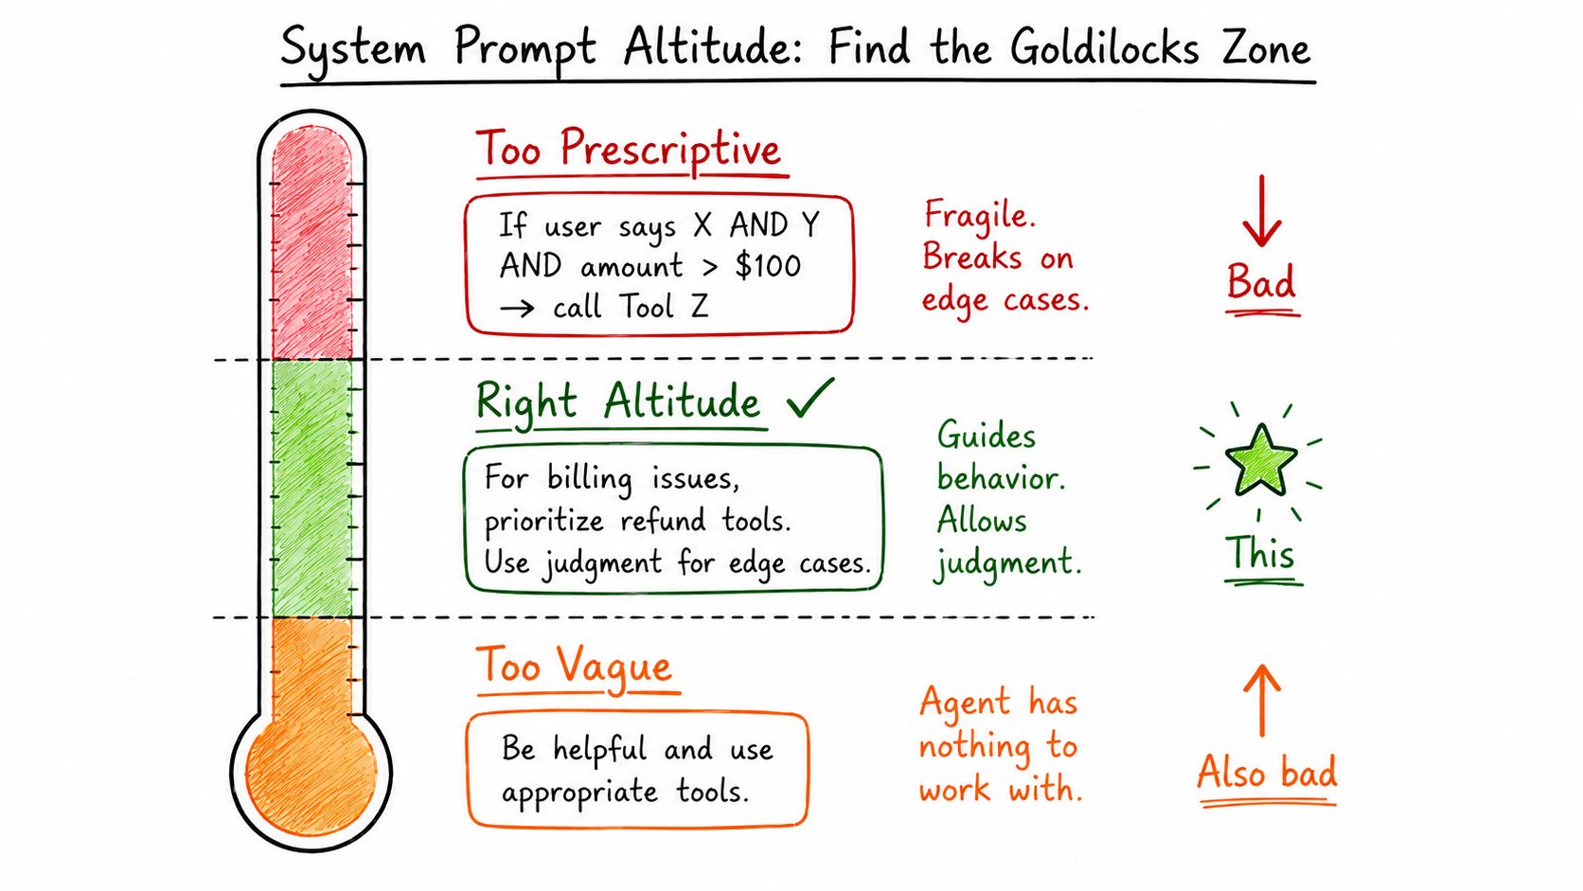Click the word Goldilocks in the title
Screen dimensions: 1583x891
[x=1104, y=48]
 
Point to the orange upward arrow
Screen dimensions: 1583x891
[x=1261, y=700]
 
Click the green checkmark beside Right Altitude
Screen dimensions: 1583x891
[x=810, y=398]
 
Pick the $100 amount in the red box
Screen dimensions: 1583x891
[x=768, y=266]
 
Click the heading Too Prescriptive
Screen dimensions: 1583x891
[x=629, y=149]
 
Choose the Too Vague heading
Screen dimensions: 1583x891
[x=575, y=666]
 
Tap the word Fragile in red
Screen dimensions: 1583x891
[x=980, y=215]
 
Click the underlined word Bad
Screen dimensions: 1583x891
[x=1261, y=281]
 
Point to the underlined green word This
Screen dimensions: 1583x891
[x=1261, y=553]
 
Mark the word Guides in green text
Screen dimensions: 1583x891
[x=987, y=436]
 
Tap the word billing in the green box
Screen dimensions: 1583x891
[x=589, y=480]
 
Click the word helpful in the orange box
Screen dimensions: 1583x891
[x=599, y=749]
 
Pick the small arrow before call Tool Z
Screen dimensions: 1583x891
[x=517, y=308]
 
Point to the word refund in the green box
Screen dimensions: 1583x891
[x=663, y=521]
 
